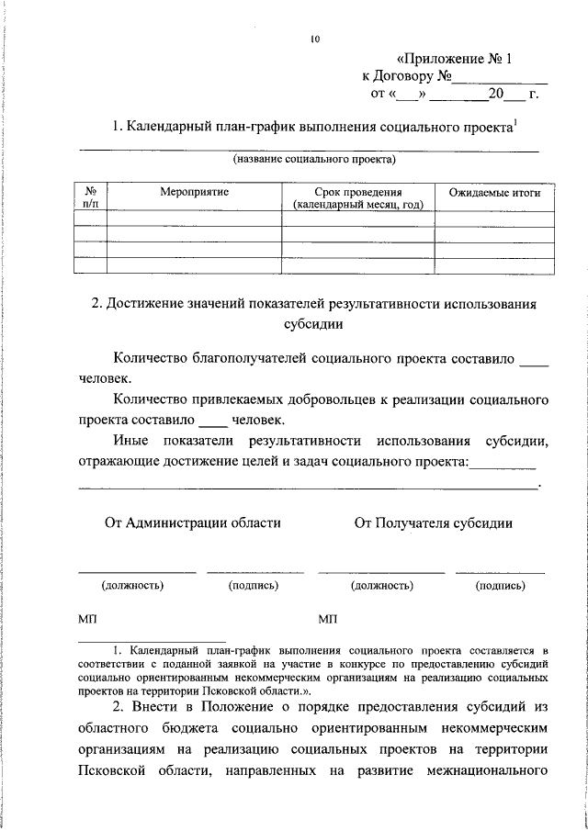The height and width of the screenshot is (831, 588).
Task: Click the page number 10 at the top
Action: (x=315, y=39)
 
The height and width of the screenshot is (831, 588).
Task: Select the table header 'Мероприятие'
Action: (x=194, y=193)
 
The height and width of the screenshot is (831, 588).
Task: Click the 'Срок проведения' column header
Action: (x=357, y=193)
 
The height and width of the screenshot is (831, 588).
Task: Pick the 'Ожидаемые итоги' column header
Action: (x=494, y=193)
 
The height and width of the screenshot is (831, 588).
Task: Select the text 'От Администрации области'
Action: (x=193, y=523)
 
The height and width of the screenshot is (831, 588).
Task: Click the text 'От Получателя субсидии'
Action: (x=434, y=523)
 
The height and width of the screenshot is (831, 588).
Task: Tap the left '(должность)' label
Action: (x=132, y=584)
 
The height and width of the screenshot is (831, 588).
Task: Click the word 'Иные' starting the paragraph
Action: (x=131, y=442)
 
